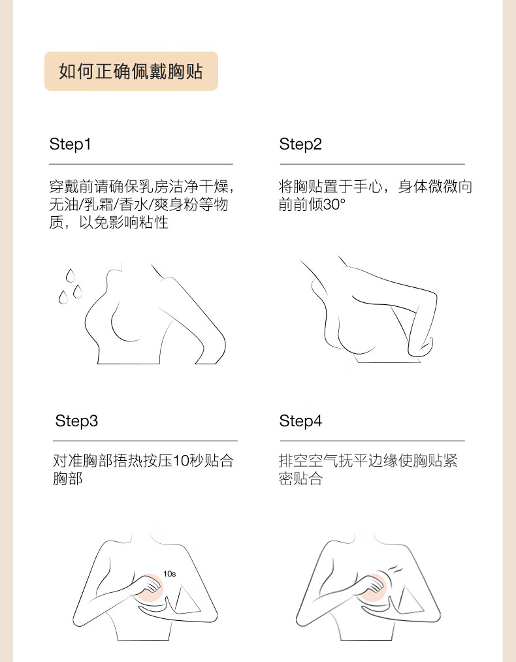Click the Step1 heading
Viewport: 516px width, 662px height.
tap(70, 144)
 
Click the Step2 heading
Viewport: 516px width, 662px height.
tap(300, 144)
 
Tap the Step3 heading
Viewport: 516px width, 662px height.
tap(76, 421)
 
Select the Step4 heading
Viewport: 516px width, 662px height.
tap(300, 421)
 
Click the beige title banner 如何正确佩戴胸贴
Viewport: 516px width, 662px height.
tap(131, 71)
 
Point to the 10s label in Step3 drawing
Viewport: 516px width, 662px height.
tap(169, 574)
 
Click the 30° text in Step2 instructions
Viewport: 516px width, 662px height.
tap(334, 205)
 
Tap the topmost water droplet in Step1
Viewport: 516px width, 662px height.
tap(71, 276)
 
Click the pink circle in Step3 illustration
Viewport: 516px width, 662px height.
tap(150, 588)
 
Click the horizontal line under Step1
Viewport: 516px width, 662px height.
tap(141, 164)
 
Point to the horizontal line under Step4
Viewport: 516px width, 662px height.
tap(372, 441)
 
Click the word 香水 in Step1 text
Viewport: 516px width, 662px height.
tap(134, 205)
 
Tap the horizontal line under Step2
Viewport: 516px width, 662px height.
tap(372, 164)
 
